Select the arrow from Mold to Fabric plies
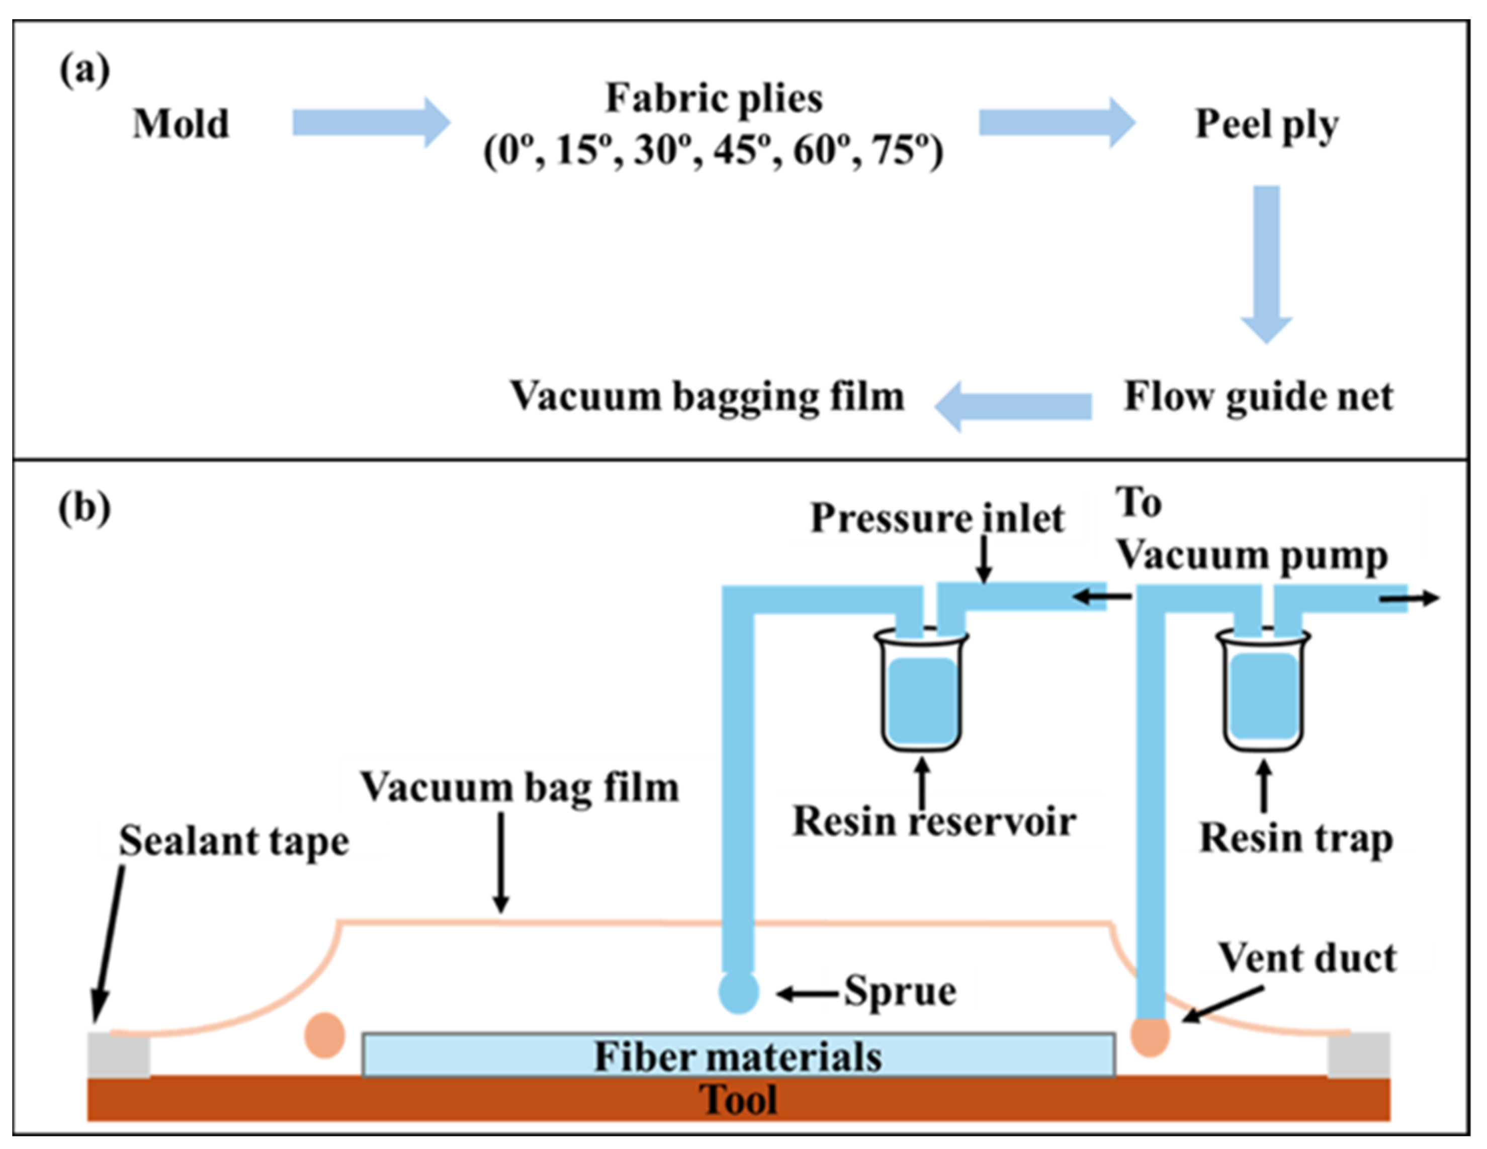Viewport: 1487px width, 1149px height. pos(372,123)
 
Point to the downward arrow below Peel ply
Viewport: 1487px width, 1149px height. pos(1266,264)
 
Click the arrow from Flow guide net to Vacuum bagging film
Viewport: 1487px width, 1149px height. pos(1013,406)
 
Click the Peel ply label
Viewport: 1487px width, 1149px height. pos(1267,126)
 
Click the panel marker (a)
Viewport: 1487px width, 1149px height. pos(84,70)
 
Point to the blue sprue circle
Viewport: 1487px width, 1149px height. pos(739,993)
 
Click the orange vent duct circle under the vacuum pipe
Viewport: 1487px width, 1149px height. pos(1151,1036)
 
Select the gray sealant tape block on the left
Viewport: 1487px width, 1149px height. pos(119,1055)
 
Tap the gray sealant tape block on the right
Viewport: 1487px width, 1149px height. pos(1359,1055)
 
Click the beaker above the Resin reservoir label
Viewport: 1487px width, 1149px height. pos(922,689)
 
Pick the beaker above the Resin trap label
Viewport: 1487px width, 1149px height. pos(1263,689)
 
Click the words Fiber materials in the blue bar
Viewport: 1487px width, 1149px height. pos(738,1056)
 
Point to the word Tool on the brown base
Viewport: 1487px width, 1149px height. pos(739,1099)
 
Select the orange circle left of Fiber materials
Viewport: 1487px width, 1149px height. pos(325,1035)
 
